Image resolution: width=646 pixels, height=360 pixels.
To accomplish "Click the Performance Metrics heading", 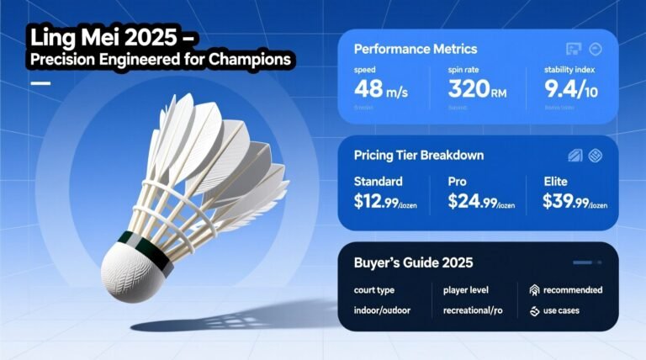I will (x=416, y=50).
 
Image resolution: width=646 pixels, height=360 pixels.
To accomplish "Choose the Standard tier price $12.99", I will (x=383, y=201).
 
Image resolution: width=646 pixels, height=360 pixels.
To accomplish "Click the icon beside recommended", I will (x=533, y=291).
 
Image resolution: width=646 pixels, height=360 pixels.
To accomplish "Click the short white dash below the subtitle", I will (x=40, y=83).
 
